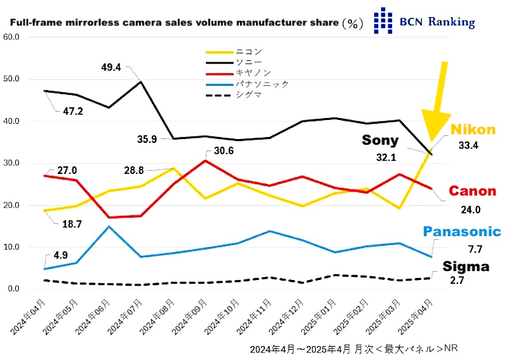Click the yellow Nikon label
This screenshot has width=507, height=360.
point(473,130)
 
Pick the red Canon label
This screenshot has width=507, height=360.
point(473,190)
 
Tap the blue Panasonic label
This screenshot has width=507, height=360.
point(463,232)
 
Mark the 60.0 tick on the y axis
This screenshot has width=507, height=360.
point(13,37)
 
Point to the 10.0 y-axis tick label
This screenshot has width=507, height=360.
point(13,247)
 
